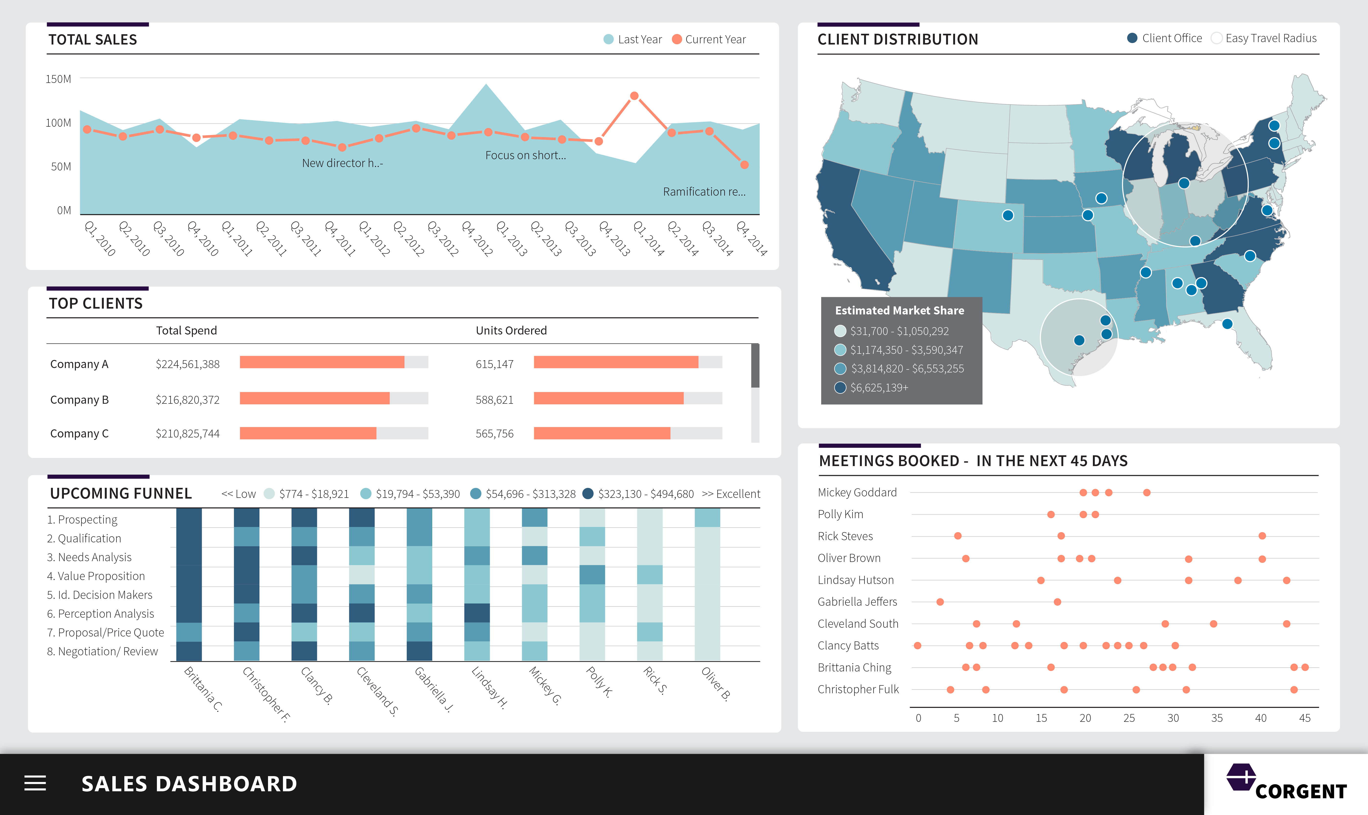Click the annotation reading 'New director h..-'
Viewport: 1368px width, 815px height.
click(342, 163)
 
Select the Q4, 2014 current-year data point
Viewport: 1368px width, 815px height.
click(744, 165)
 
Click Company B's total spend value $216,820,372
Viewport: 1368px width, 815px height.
click(187, 400)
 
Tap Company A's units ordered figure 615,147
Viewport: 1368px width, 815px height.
click(494, 364)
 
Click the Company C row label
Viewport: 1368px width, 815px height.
click(79, 434)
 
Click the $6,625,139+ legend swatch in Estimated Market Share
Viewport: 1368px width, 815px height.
click(840, 388)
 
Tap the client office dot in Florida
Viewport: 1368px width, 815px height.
click(1227, 324)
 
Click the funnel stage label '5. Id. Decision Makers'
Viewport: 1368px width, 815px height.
click(99, 595)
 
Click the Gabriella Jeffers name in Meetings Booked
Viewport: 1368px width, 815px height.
click(857, 602)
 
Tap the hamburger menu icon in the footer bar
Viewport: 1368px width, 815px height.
click(35, 783)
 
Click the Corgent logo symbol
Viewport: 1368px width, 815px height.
click(1241, 777)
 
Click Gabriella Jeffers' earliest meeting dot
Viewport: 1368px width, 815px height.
click(940, 602)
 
